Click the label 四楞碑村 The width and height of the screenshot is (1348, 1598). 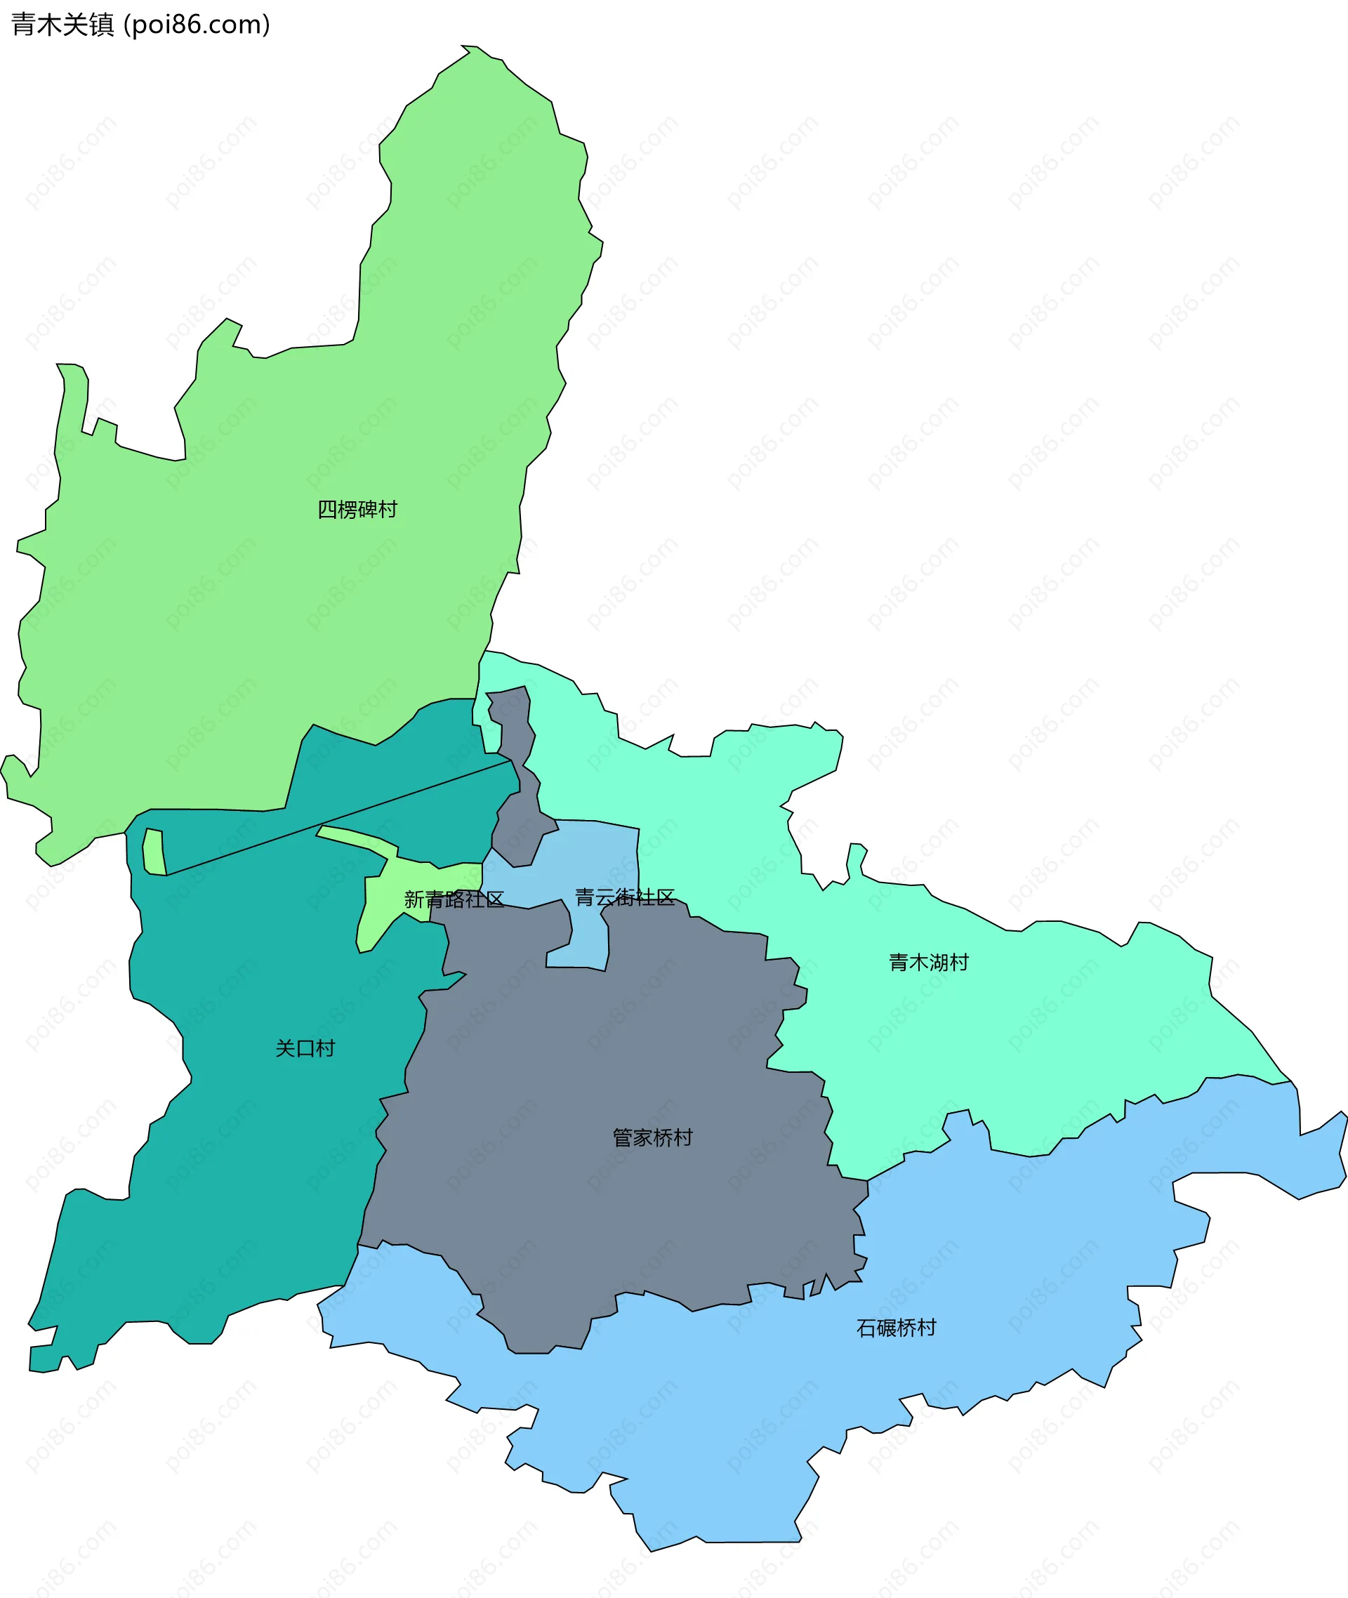coord(357,510)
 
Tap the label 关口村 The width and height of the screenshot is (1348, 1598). coord(305,1048)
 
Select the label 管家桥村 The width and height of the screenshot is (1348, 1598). coord(653,1138)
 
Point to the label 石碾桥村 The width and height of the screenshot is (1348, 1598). coord(896,1328)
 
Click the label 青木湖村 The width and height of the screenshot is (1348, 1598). coord(928,962)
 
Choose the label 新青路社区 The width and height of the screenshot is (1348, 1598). coord(454,899)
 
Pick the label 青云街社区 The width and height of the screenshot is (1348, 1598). coord(624,897)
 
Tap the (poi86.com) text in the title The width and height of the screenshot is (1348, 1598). coord(197,25)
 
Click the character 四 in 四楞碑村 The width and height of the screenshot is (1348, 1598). coord(327,510)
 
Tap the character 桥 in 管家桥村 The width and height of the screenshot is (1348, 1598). coord(663,1138)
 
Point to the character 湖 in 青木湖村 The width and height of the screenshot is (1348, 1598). coord(939,962)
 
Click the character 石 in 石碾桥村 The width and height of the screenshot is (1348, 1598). coord(866,1328)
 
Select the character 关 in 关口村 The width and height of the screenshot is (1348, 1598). coord(285,1048)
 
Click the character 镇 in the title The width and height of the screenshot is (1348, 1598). coord(102,25)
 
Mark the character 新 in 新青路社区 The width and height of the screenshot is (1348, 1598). coord(414,899)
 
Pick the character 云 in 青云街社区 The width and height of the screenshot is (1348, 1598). coord(604,897)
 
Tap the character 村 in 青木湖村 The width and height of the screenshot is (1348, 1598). coord(958,962)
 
